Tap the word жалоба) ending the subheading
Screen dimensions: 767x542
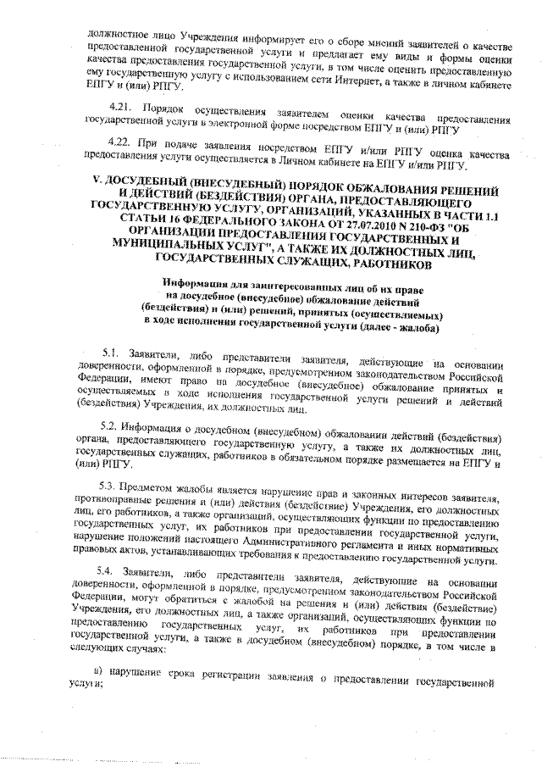coord(412,328)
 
